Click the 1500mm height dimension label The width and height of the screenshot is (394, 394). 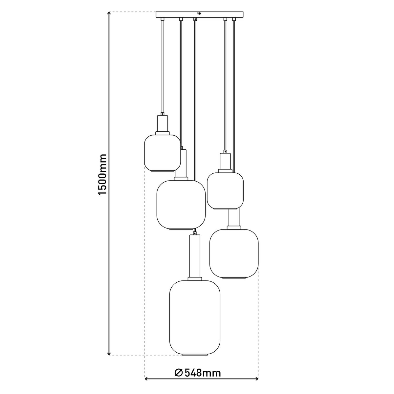[103, 174]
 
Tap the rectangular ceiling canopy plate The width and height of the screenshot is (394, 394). [199, 15]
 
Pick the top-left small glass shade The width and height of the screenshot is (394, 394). [163, 152]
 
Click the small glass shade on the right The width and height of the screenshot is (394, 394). [225, 190]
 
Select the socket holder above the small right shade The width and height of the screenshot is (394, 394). [225, 163]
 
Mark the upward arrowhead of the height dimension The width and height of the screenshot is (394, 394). [109, 14]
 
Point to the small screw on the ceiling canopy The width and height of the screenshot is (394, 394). [199, 13]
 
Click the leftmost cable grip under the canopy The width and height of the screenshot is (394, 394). [163, 20]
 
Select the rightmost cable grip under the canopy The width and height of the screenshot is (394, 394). [234, 20]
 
